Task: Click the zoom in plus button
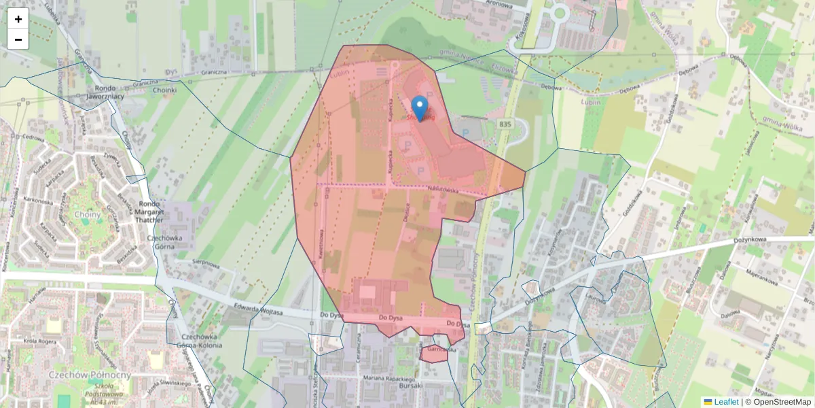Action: pos(18,19)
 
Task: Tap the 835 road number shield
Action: pos(504,124)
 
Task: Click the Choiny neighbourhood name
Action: pos(89,215)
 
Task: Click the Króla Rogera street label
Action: pos(39,341)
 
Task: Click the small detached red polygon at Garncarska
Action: pos(434,354)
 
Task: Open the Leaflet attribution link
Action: pos(726,402)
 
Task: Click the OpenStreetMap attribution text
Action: pos(782,402)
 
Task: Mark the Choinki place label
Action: pos(164,90)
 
